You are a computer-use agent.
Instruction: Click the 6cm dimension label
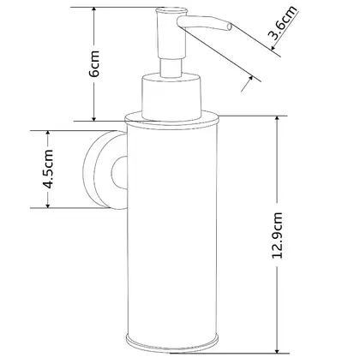click(94, 63)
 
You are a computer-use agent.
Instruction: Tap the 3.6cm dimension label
click(283, 23)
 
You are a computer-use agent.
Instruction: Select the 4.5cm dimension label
click(48, 169)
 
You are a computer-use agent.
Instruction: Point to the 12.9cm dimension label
click(277, 235)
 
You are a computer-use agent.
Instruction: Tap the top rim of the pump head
click(171, 11)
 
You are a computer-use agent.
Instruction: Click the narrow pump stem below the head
click(171, 68)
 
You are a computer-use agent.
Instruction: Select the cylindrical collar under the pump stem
click(171, 97)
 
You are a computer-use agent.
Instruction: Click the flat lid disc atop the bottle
click(171, 118)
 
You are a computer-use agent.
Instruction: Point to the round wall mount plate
click(97, 170)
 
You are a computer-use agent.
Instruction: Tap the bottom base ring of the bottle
click(172, 342)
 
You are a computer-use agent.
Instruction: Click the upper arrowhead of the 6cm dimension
click(94, 11)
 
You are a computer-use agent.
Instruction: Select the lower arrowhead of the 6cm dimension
click(94, 117)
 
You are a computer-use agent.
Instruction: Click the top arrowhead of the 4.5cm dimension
click(48, 134)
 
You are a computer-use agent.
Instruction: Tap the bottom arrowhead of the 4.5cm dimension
click(48, 205)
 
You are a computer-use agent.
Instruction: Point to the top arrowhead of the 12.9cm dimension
click(277, 120)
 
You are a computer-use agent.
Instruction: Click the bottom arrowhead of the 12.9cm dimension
click(277, 349)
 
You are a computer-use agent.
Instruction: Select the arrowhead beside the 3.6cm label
click(273, 47)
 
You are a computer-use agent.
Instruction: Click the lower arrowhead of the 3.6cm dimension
click(250, 78)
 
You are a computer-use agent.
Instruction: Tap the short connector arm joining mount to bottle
click(119, 173)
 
